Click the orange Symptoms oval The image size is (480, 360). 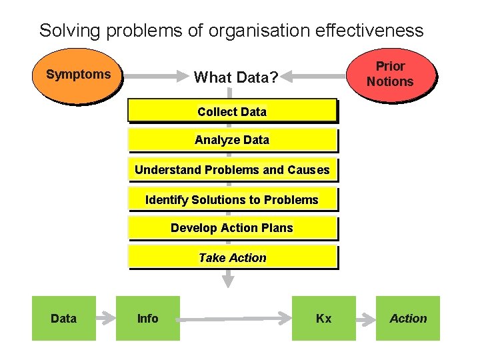[x=79, y=75]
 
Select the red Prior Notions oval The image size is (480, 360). [x=391, y=75]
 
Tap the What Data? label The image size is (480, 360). [x=235, y=77]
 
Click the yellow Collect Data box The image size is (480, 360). [x=232, y=111]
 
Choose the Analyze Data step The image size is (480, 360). [x=232, y=140]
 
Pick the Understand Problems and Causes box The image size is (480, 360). [x=232, y=170]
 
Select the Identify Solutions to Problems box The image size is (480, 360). [x=232, y=199]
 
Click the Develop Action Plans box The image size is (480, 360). [x=232, y=228]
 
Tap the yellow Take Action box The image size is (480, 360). [x=232, y=257]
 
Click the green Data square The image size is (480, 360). [x=63, y=319]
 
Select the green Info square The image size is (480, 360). [x=147, y=319]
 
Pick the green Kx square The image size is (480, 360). [x=323, y=319]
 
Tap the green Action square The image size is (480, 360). [x=408, y=319]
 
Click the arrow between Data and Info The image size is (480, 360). [x=105, y=319]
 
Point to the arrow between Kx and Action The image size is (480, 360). [x=365, y=319]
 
